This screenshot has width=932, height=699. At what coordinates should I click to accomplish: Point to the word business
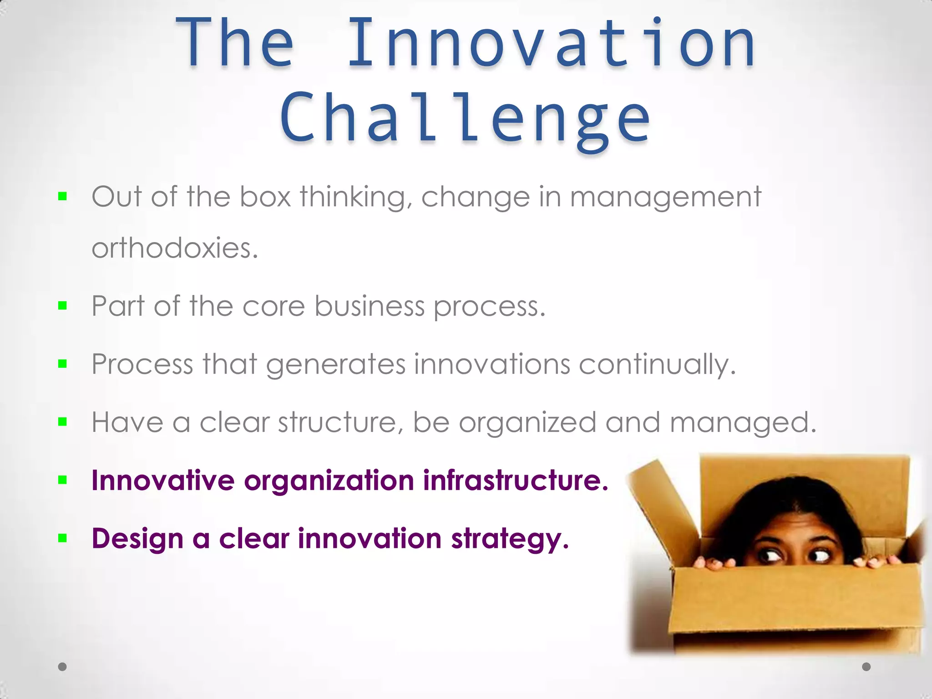tap(369, 306)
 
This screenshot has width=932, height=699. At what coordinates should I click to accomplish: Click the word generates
tap(335, 365)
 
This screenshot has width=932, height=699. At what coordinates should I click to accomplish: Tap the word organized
tap(527, 423)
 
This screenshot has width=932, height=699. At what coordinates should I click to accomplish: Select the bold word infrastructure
tap(516, 481)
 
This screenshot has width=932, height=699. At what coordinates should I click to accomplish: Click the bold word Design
tap(137, 539)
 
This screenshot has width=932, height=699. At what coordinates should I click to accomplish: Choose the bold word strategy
tap(510, 539)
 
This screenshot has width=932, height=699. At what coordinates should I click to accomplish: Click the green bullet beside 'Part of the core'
tap(63, 306)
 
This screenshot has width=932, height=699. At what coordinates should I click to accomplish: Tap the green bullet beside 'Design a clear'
tap(63, 539)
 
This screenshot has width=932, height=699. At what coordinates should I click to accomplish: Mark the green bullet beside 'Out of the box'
tap(63, 197)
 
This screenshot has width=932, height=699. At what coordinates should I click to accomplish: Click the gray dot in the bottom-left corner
tap(63, 667)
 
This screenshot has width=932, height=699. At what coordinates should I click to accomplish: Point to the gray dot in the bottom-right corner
tap(866, 667)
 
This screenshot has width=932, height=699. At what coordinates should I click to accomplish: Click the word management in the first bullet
tap(665, 197)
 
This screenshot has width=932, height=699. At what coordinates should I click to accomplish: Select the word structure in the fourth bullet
tap(338, 423)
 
